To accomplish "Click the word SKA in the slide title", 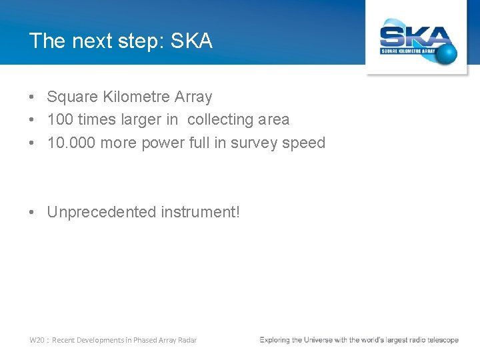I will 191,41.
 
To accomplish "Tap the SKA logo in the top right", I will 417,41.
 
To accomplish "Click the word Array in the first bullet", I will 193,97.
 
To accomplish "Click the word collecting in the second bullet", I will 220,120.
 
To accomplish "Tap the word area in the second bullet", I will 273,120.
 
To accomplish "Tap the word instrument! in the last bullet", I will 199,212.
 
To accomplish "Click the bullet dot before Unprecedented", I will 32,212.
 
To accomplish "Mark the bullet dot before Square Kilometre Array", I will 32,97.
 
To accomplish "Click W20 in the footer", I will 37,340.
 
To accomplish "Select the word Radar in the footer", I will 187,340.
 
